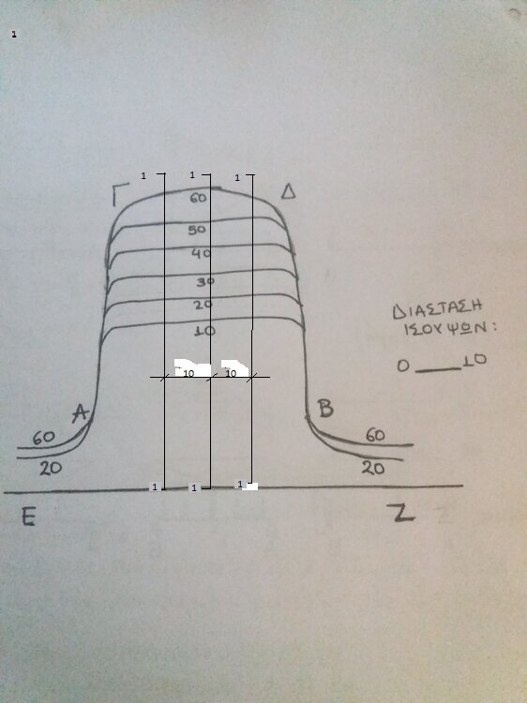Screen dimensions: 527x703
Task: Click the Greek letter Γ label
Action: [120, 194]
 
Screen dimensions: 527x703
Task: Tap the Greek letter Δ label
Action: [289, 192]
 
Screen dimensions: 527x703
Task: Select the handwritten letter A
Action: [81, 413]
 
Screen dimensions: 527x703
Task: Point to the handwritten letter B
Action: [325, 408]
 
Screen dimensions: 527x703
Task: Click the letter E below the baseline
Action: [28, 516]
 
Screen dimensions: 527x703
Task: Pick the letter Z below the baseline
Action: [400, 513]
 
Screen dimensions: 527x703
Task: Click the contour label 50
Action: [197, 230]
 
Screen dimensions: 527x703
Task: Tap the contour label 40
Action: [201, 253]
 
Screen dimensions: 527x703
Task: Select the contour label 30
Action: [205, 281]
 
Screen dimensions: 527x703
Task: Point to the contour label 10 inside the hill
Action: [205, 331]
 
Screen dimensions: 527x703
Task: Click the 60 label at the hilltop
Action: [198, 198]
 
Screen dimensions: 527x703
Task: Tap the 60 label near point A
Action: [43, 437]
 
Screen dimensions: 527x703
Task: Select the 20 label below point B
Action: [373, 468]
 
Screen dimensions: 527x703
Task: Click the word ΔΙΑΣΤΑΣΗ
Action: [437, 309]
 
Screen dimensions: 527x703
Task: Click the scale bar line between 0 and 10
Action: [438, 370]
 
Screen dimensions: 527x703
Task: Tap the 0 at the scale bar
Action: [403, 366]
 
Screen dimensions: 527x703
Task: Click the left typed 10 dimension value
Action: [188, 373]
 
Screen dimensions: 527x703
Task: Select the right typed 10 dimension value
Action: [231, 373]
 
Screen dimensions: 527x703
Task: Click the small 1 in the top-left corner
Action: [14, 34]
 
